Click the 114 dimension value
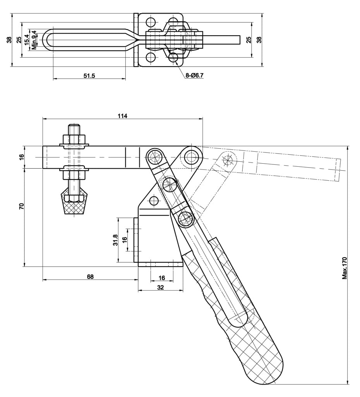tap(122, 115)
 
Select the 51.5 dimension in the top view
tap(89, 76)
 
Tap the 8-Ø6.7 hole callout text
tap(194, 76)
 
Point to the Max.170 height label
tap(345, 267)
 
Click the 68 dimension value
tap(90, 277)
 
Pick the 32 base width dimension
tap(161, 287)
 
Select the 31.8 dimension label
tap(115, 240)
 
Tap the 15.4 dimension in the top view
tap(27, 39)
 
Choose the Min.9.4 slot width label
tap(34, 39)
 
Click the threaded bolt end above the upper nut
tap(74, 128)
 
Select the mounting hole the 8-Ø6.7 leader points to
tap(173, 58)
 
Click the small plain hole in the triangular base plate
tap(154, 200)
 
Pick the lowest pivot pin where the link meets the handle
tap(186, 219)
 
